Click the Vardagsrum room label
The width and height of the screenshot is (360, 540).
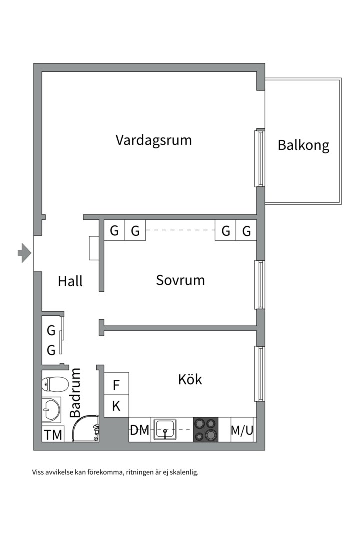(x=154, y=140)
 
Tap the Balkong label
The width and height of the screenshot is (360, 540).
(x=303, y=145)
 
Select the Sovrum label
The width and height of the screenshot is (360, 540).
(x=180, y=280)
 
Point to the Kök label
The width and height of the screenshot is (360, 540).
(x=190, y=379)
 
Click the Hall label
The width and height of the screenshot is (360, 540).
(x=70, y=281)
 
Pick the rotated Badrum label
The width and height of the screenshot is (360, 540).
(x=75, y=393)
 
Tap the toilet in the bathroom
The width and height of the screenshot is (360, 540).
(x=55, y=384)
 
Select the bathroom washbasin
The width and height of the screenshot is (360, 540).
(x=51, y=410)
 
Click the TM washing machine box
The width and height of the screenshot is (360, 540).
(x=53, y=435)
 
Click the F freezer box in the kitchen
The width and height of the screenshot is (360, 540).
(x=116, y=385)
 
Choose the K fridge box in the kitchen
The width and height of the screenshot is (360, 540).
(x=116, y=406)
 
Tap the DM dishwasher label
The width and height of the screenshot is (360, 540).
(x=140, y=430)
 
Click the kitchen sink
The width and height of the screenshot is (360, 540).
(x=165, y=430)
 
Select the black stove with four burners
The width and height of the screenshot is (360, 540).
(x=206, y=430)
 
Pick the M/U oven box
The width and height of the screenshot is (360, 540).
(x=242, y=430)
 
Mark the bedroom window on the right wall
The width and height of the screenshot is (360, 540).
(x=259, y=285)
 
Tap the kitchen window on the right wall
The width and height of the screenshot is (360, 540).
(x=259, y=373)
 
